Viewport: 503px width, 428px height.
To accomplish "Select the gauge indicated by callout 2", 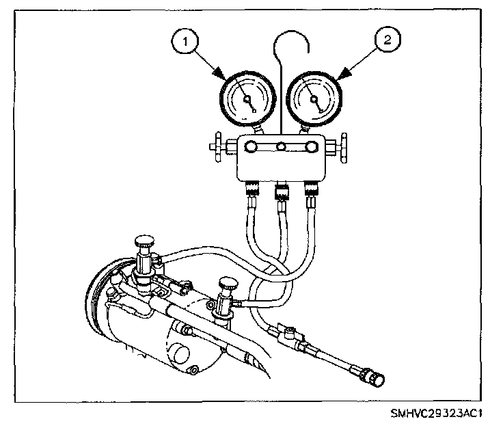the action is (314, 100).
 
